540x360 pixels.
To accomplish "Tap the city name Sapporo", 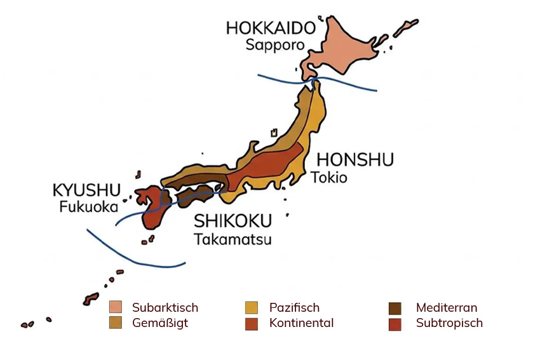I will point(273,45).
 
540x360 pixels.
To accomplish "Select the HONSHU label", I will point(355,160).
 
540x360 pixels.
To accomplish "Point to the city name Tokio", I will point(329,177).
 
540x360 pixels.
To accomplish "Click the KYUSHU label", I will point(86,190).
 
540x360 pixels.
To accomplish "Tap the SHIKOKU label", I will point(233,221).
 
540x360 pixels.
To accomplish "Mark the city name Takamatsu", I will point(233,239).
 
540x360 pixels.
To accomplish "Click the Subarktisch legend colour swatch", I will point(115,308).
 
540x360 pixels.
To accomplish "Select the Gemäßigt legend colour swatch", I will point(115,323).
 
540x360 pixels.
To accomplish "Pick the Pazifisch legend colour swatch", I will point(252,308).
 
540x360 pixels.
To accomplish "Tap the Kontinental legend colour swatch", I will point(252,323).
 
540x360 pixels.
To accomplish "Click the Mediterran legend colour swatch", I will point(395,308).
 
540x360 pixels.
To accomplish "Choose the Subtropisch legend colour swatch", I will point(395,323).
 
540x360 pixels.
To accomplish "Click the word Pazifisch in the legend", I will point(294,308).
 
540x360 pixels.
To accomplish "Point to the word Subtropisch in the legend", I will point(449,323).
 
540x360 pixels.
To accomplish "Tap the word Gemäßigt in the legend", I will point(160,323).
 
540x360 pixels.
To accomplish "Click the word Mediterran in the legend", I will point(447,308).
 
